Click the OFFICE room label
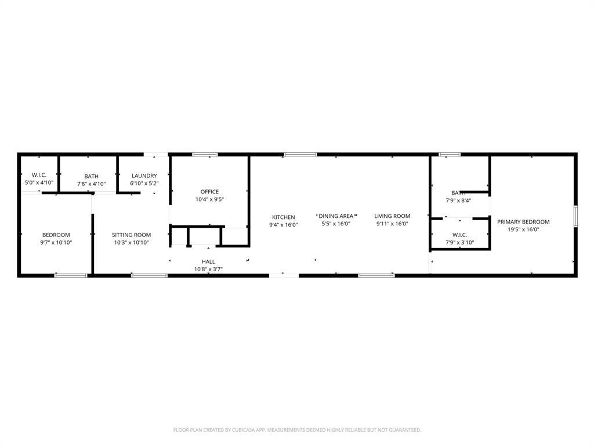[209, 192]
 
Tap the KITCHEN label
[284, 217]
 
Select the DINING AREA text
[336, 216]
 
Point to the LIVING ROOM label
[392, 216]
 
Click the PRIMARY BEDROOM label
[523, 222]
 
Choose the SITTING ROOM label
[131, 235]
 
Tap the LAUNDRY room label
[144, 176]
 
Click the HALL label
[208, 262]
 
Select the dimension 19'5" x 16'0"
[523, 229]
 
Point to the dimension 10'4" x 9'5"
[209, 199]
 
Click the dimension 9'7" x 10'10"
[56, 243]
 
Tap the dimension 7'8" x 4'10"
[91, 184]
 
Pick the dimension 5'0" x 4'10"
[38, 183]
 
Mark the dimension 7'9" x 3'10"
[460, 242]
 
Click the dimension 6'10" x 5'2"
[144, 183]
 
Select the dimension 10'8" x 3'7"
[208, 269]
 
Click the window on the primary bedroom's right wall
[575, 215]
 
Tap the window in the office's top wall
[205, 155]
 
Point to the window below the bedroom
[71, 275]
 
